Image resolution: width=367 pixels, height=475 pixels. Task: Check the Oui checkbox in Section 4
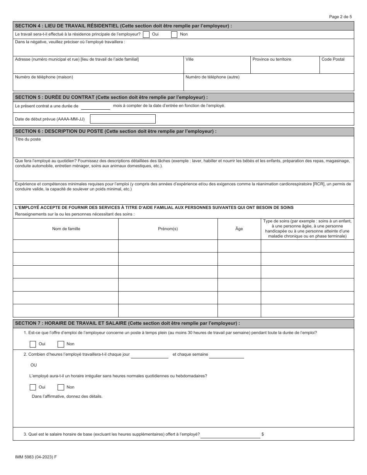click(146, 34)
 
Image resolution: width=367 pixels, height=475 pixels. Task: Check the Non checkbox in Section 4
click(174, 34)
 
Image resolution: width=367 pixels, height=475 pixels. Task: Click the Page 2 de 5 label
click(340, 17)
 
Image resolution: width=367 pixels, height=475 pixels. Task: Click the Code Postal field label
click(333, 59)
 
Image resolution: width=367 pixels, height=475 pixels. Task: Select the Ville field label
click(189, 59)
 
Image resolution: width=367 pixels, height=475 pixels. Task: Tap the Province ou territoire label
click(272, 59)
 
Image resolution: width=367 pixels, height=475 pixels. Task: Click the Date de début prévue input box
click(122, 119)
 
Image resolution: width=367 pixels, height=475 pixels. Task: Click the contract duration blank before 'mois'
click(95, 106)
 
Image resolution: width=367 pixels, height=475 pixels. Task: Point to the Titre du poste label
click(28, 139)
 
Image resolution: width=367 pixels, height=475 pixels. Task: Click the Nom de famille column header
click(66, 229)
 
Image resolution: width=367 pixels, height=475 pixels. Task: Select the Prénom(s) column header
click(168, 229)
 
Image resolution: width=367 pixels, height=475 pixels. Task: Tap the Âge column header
click(239, 229)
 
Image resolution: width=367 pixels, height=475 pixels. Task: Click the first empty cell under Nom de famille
click(66, 246)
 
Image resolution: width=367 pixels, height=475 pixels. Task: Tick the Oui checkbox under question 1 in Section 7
click(33, 344)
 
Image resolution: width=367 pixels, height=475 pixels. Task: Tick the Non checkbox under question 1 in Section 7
click(61, 344)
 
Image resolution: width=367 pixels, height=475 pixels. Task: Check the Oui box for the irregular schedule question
click(33, 387)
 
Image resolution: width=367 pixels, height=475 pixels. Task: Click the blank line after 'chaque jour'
click(150, 355)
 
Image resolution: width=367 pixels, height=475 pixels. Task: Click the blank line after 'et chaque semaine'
click(226, 355)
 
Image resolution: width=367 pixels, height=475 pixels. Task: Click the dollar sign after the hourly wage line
click(263, 434)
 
